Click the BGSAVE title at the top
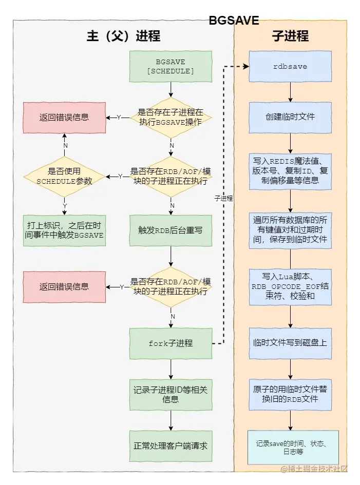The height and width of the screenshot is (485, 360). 234,21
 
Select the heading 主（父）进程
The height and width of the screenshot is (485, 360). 123,36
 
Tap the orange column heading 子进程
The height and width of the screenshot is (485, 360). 290,36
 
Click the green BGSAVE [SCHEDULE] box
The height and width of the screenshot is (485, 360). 170,66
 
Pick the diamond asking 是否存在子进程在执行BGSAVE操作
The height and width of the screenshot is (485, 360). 170,117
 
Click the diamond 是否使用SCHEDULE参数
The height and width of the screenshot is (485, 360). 64,177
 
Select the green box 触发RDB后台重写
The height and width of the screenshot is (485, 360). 170,230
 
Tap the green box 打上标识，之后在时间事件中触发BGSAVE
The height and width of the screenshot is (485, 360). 64,230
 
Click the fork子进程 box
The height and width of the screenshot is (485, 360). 170,343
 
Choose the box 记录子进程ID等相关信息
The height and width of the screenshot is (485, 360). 170,395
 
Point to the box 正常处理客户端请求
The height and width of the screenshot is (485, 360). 170,446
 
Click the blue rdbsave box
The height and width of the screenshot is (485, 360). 290,66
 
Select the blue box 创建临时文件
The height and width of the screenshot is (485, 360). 290,117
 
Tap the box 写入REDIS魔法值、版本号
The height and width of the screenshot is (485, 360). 290,171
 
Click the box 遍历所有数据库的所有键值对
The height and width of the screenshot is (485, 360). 290,229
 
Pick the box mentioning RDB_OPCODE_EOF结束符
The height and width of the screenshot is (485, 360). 290,286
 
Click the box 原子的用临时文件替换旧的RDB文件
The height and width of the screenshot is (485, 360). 290,394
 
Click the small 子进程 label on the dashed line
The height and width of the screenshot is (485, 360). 223,198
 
